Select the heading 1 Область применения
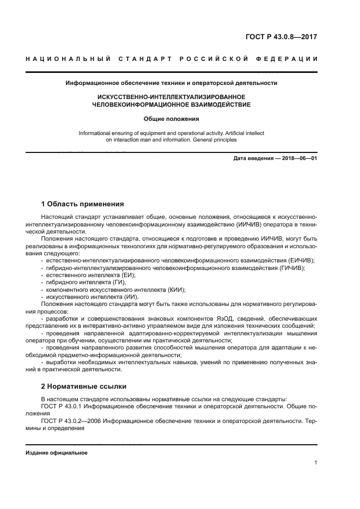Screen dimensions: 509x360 tap(82, 204)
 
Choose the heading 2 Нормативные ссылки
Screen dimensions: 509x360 tap(83, 387)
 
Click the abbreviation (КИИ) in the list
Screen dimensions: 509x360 tap(176, 290)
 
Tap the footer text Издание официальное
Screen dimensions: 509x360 tap(57, 453)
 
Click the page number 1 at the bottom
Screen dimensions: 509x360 tap(315, 463)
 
